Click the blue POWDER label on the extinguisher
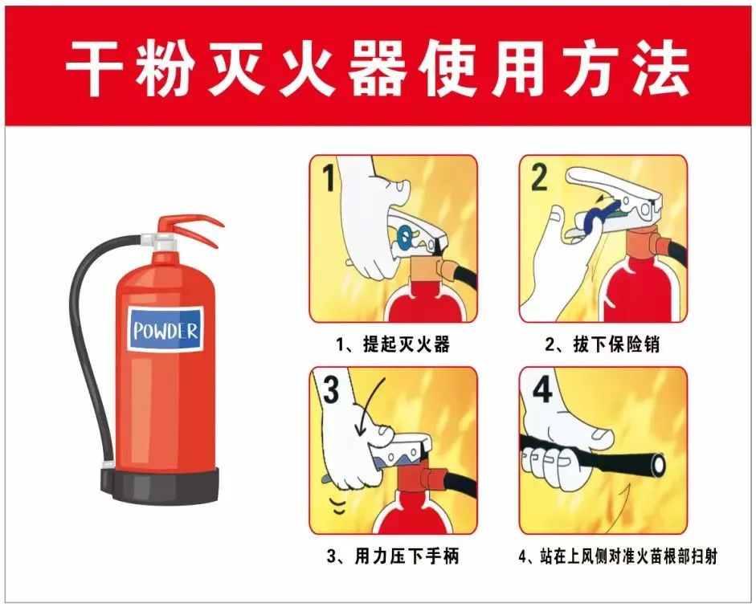tap(166, 329)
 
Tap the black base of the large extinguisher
tap(160, 485)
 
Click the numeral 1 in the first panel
tap(329, 177)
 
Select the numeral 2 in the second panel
tap(539, 177)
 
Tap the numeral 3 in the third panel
tap(331, 389)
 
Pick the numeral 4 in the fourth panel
tap(542, 389)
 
